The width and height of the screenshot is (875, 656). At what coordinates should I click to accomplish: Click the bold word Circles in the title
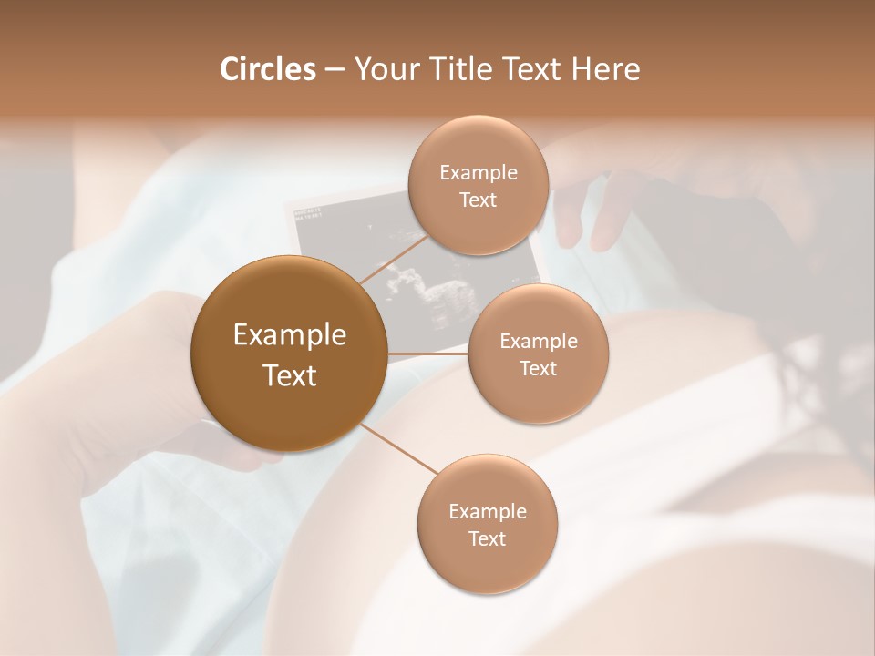(x=267, y=69)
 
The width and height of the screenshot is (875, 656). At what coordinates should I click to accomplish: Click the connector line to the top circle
(x=394, y=258)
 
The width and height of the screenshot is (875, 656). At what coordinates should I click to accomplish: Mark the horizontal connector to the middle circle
(x=428, y=354)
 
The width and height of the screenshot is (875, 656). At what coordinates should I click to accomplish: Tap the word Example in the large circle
(x=289, y=335)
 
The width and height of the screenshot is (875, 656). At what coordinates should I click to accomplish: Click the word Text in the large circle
(x=289, y=375)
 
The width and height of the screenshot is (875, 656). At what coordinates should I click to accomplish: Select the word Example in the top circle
(x=478, y=172)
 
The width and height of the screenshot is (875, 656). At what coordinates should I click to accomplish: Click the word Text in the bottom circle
(x=487, y=538)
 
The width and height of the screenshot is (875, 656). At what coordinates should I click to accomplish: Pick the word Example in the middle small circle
(x=538, y=341)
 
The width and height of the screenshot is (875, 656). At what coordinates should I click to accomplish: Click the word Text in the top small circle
(x=478, y=200)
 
